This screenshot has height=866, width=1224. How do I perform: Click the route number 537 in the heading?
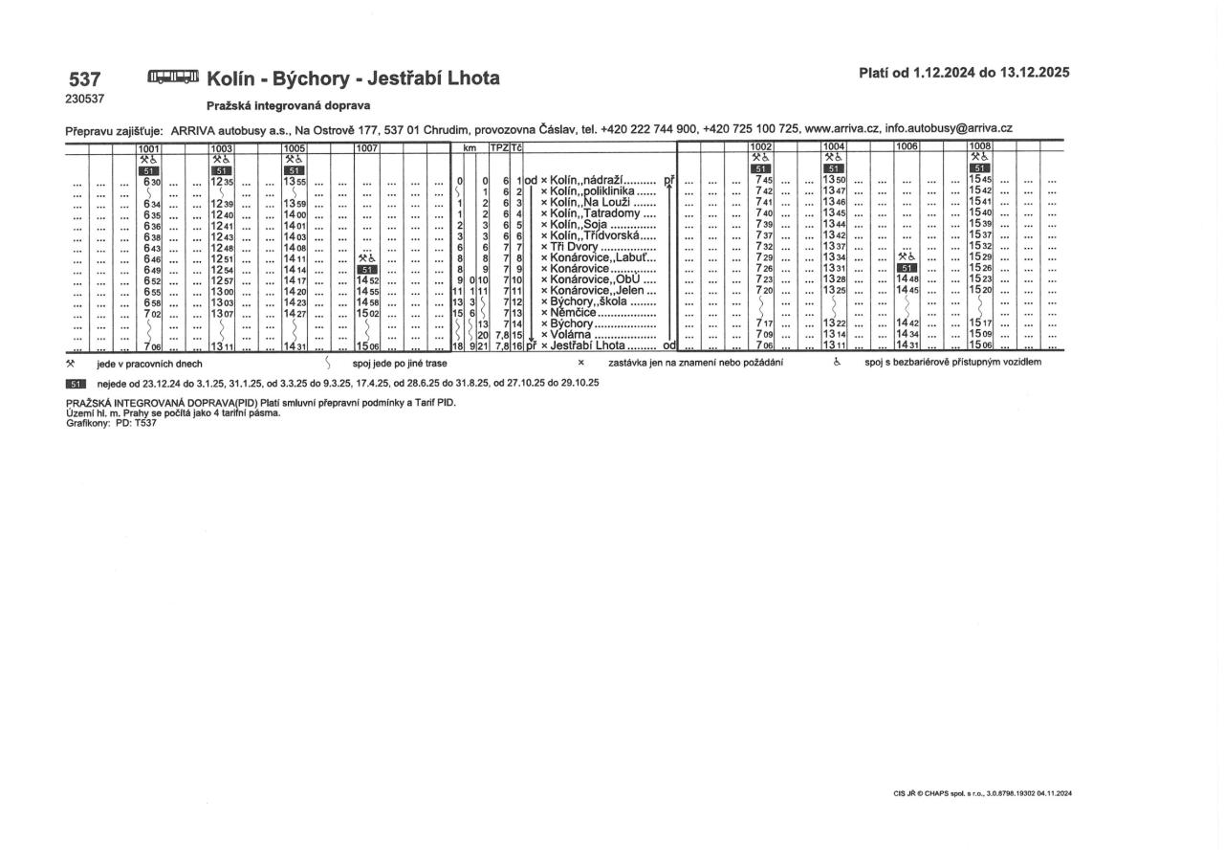[x=86, y=78]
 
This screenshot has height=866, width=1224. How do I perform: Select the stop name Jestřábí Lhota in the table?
[x=587, y=345]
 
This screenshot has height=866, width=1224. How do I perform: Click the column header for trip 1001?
[x=148, y=147]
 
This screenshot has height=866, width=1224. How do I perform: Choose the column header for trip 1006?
[x=907, y=147]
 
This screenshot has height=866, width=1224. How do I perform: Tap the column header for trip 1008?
[x=979, y=147]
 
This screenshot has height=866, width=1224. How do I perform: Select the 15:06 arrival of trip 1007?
[x=367, y=345]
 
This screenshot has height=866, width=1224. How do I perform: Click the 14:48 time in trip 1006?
[x=907, y=279]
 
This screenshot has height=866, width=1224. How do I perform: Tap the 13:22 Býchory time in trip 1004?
[x=834, y=323]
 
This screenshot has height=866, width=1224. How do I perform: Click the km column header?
[x=469, y=147]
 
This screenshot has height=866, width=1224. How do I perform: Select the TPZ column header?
[x=498, y=147]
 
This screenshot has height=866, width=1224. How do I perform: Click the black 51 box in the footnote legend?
[x=76, y=383]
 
